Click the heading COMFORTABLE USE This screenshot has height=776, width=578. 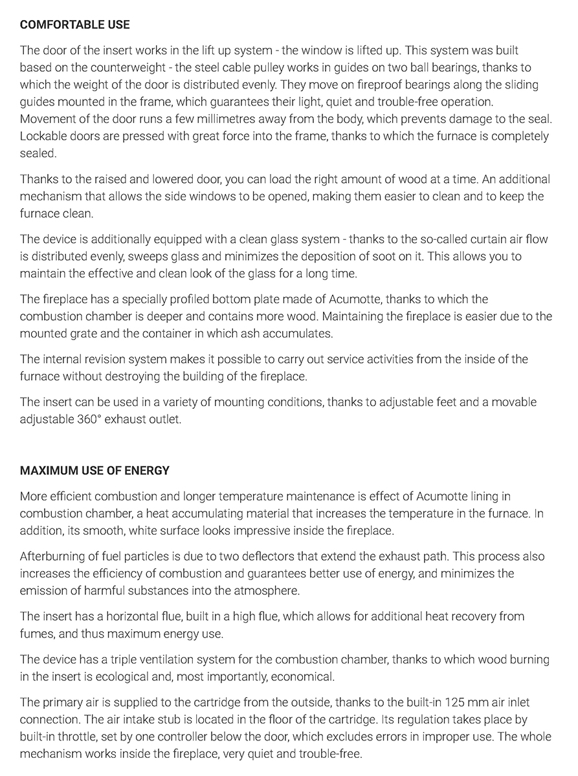(74, 25)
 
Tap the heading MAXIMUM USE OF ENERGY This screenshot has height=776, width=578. (94, 470)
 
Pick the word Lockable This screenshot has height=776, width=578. (43, 137)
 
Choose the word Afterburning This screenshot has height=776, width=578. (54, 556)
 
